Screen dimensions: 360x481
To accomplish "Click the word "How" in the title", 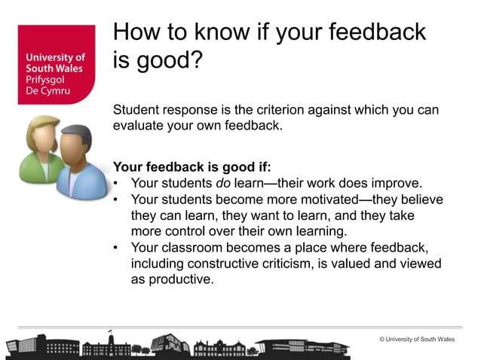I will [136, 32].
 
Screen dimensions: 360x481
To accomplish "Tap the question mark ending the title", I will [196, 61].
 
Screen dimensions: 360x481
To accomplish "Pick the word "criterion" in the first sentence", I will [266, 110].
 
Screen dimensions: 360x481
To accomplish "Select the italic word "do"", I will [227, 183].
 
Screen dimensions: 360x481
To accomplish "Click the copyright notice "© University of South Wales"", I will [417, 340].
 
